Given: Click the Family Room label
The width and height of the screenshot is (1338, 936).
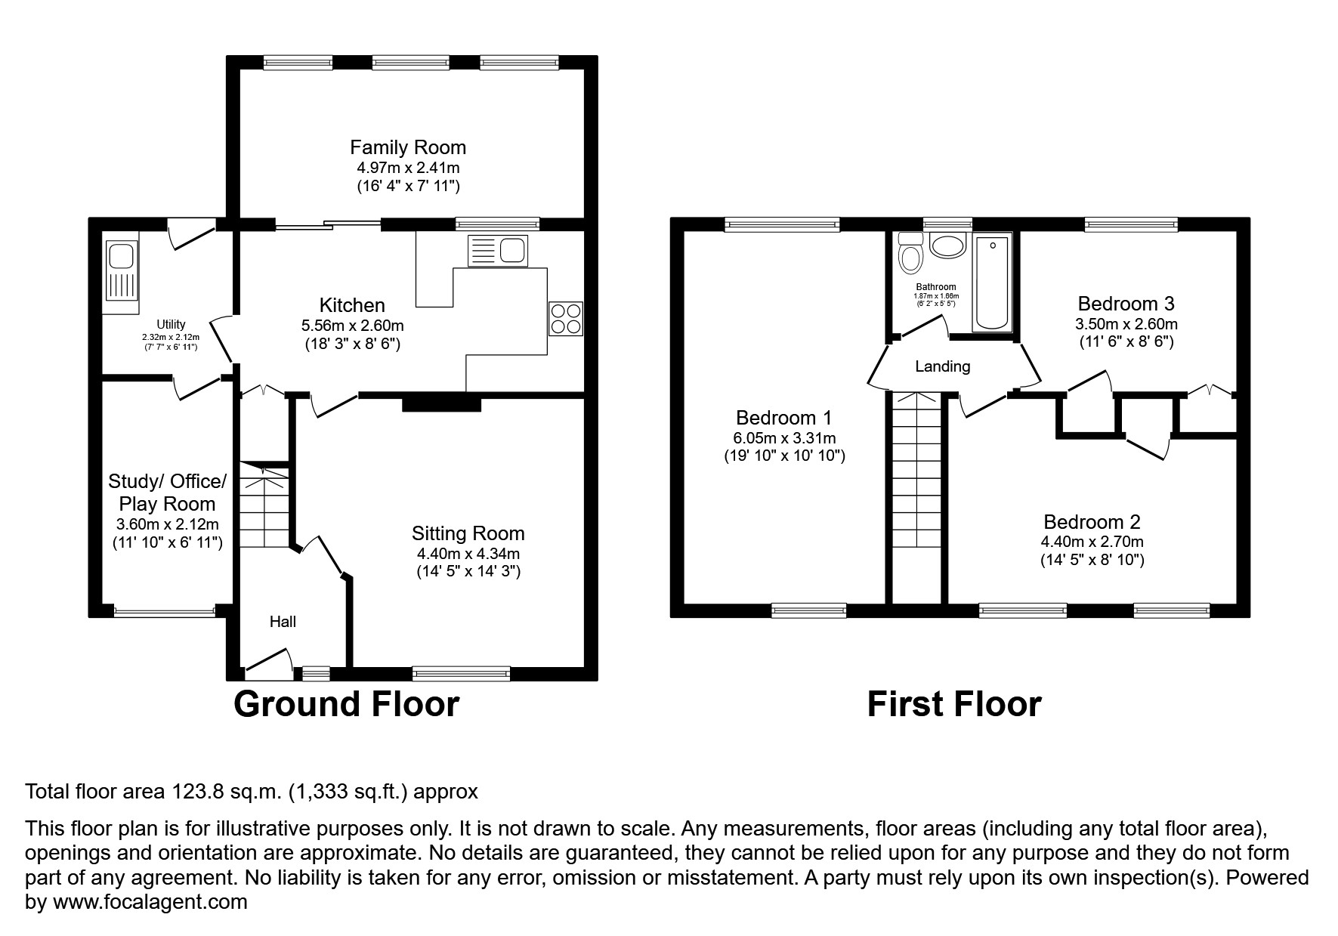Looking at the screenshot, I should [408, 147].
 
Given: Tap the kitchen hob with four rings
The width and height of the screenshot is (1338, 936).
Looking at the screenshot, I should [566, 318].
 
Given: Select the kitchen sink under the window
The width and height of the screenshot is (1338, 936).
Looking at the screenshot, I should [498, 250].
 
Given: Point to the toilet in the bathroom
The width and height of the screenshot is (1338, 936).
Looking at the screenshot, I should [910, 254].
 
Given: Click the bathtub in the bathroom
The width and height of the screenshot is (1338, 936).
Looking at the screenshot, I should [993, 283].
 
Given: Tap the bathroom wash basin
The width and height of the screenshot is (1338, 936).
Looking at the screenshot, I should [947, 246].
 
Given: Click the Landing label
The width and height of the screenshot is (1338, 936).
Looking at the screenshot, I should [942, 367].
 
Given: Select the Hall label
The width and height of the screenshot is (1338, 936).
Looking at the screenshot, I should [283, 622].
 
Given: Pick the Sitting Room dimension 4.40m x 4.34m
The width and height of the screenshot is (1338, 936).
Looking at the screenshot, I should [468, 554].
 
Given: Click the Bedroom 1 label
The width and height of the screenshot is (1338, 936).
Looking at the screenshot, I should [784, 418].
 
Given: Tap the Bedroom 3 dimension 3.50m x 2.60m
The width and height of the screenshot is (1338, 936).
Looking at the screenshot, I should [1126, 324].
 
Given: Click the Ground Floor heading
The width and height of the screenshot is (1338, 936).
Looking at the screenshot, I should [346, 704].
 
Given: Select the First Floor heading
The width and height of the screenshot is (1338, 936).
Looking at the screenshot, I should [953, 704].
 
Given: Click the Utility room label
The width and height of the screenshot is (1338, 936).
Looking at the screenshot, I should [171, 325].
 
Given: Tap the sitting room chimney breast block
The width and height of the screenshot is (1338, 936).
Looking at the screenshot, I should [441, 403].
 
